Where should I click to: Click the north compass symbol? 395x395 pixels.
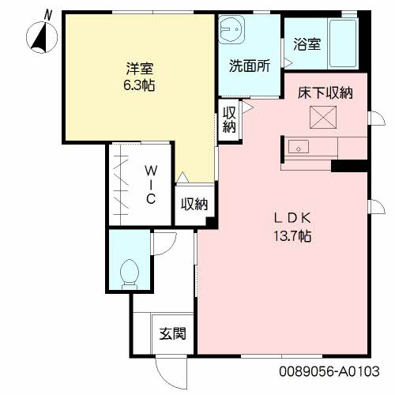42,37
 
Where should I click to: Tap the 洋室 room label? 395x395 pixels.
140,69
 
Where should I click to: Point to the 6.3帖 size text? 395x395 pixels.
139,85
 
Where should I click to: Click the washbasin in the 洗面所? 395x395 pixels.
231,29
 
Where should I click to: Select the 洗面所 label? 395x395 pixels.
250,66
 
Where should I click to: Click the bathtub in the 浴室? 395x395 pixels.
343,43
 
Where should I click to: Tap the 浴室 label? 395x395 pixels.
307,44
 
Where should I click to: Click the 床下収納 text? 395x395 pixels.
325,93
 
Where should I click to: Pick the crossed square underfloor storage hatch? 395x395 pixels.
323,117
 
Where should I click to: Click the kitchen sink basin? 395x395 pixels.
299,147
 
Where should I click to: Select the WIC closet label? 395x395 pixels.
151,185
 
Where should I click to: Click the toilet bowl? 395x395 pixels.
130,274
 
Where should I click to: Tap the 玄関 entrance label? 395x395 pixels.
173,333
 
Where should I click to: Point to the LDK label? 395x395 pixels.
292,219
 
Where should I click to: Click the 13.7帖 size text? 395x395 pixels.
292,236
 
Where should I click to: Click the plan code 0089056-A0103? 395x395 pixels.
329,371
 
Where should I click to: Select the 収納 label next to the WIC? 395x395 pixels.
194,204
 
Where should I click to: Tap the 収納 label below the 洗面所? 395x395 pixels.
229,120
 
